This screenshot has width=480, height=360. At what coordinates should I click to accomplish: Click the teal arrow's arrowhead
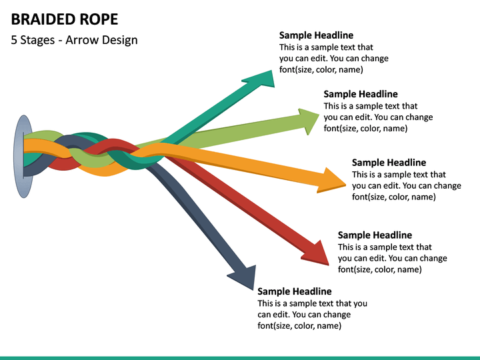262,79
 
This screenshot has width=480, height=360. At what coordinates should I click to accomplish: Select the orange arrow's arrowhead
332,181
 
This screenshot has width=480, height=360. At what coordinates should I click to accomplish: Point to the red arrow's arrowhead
317,254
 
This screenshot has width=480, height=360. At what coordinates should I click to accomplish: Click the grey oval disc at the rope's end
23,157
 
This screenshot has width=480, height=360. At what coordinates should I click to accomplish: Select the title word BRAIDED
41,19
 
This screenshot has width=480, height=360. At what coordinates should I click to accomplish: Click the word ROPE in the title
99,19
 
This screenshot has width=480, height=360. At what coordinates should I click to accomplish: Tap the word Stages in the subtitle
37,41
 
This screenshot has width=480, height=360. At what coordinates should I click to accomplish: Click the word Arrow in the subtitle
82,40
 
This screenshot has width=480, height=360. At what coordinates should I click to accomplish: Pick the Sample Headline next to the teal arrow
316,35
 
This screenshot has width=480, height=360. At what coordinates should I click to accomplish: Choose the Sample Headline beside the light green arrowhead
361,94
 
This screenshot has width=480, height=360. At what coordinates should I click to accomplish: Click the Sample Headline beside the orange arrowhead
389,163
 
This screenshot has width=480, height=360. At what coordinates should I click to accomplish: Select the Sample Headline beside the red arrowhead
375,235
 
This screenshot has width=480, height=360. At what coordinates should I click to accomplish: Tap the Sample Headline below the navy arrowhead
295,291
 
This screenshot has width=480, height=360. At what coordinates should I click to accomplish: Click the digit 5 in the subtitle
14,40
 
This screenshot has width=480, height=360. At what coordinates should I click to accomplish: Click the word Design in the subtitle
120,41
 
